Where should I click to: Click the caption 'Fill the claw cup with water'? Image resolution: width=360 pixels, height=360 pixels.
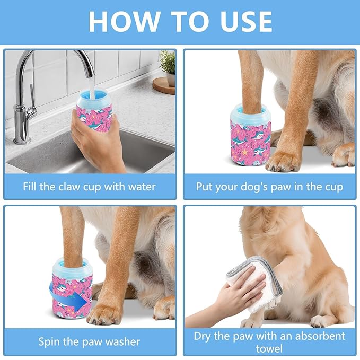(90, 187)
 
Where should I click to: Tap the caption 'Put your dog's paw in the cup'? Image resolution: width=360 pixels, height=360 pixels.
(269, 187)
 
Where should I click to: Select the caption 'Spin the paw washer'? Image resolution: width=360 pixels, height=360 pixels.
(90, 341)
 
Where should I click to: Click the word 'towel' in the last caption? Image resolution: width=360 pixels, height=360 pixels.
(269, 348)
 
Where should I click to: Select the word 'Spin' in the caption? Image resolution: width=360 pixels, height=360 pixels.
(50, 341)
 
